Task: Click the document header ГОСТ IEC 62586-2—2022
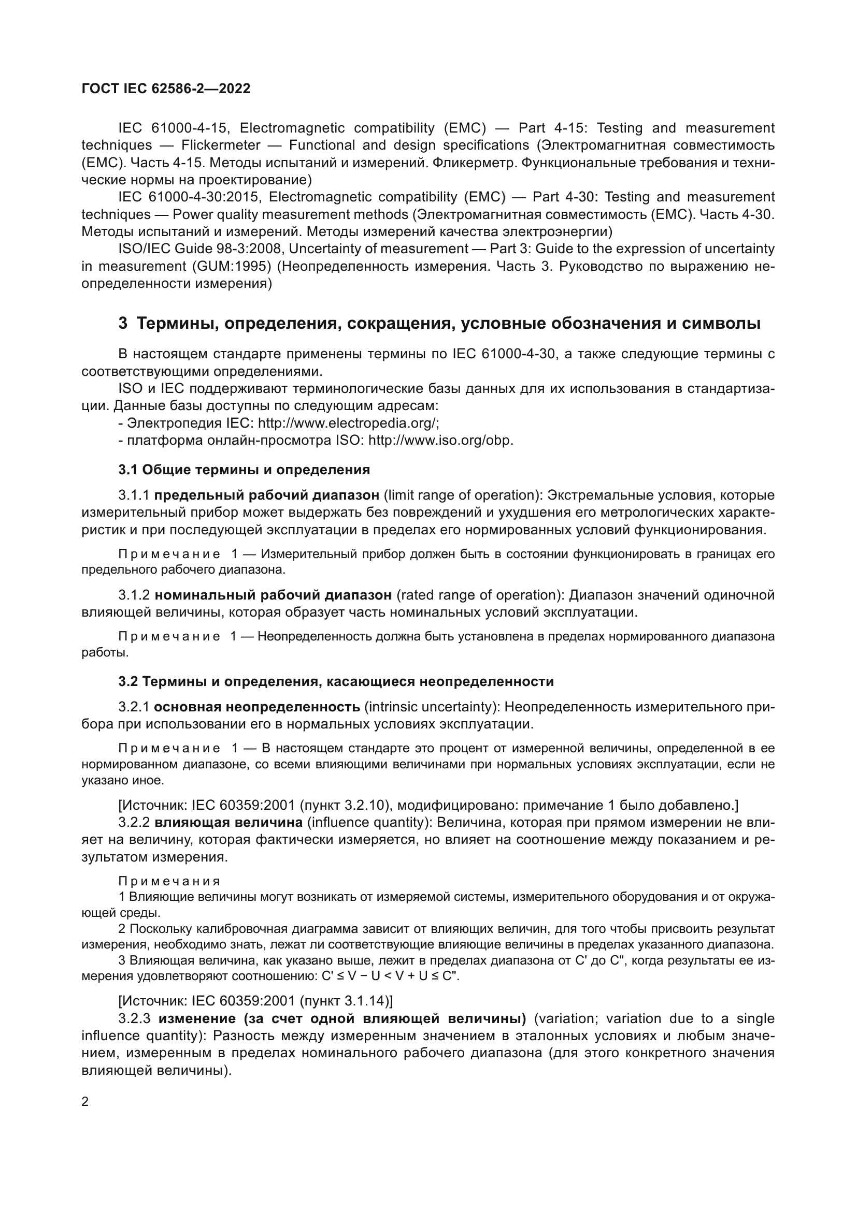(x=166, y=89)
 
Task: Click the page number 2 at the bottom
(x=85, y=1101)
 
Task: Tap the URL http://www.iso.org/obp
(x=440, y=441)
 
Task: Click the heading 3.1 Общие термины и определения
(x=244, y=470)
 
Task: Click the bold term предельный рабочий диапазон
(x=266, y=495)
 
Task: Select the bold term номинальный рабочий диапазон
(x=273, y=595)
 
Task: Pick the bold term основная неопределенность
(x=257, y=707)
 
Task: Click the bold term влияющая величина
(x=228, y=822)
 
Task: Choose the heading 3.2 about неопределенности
(x=336, y=681)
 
